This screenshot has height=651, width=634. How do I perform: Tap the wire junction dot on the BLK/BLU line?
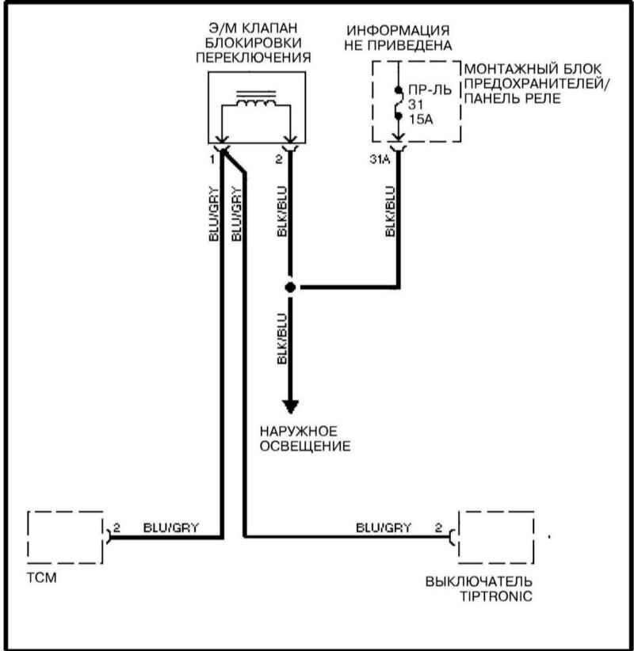pyautogui.click(x=291, y=287)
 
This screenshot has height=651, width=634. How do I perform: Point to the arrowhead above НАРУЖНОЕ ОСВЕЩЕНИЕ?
pyautogui.click(x=291, y=406)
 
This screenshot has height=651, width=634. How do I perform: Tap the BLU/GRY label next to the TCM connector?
pyautogui.click(x=170, y=527)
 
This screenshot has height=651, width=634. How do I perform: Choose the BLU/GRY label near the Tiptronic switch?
pyautogui.click(x=383, y=527)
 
